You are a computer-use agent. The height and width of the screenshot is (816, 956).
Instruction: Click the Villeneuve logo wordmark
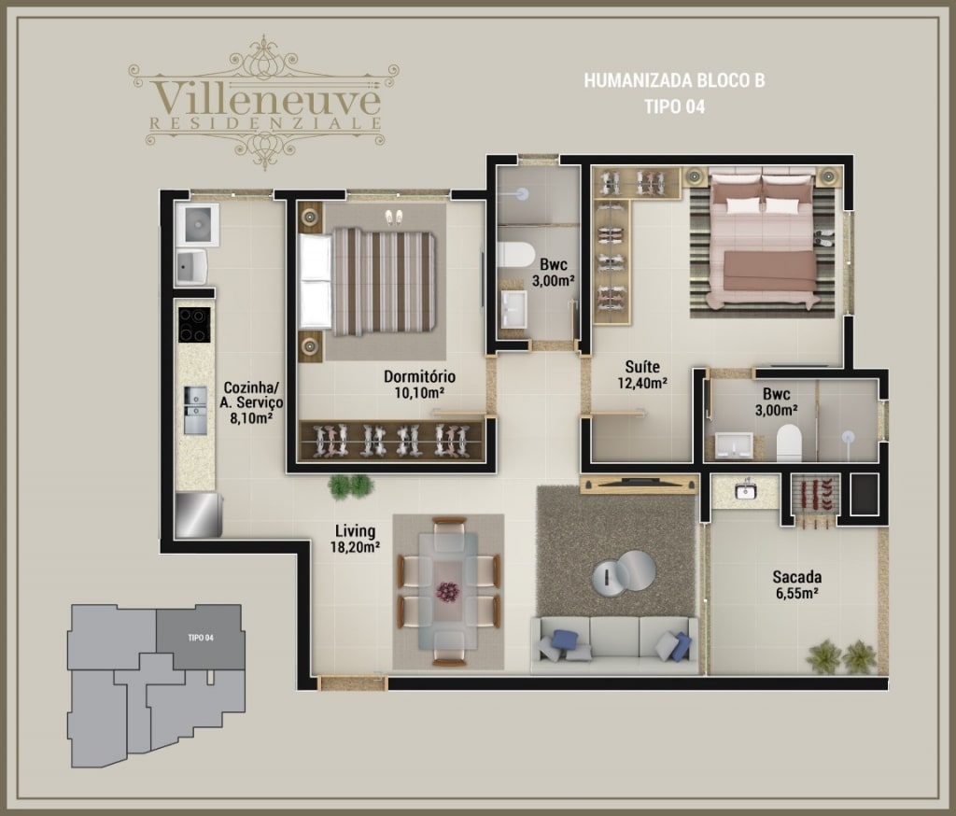pyautogui.click(x=266, y=99)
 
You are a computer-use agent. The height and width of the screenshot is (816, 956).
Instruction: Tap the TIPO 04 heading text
pyautogui.click(x=674, y=106)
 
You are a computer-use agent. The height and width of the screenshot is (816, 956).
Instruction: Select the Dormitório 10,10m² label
pyautogui.click(x=419, y=385)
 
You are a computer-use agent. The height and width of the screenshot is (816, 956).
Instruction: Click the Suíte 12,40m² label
pyautogui.click(x=642, y=374)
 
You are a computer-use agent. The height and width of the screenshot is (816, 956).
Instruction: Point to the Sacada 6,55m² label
pyautogui.click(x=797, y=584)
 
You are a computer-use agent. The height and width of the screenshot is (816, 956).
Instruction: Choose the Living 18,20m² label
pyautogui.click(x=356, y=539)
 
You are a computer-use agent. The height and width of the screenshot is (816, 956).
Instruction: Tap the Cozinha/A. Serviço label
pyautogui.click(x=251, y=402)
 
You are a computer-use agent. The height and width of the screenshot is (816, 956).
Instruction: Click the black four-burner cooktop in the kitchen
pyautogui.click(x=194, y=325)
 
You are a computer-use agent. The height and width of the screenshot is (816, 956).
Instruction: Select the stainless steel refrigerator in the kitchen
pyautogui.click(x=198, y=515)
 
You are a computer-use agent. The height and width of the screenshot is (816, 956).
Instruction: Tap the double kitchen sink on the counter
pyautogui.click(x=195, y=411)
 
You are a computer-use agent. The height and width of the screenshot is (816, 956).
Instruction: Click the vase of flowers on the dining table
pyautogui.click(x=448, y=592)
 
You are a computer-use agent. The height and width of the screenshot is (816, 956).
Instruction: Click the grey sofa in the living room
pyautogui.click(x=614, y=645)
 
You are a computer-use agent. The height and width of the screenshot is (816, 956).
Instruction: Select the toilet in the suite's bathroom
pyautogui.click(x=788, y=443)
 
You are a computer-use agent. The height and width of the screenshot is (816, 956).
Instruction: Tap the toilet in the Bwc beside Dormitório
pyautogui.click(x=514, y=254)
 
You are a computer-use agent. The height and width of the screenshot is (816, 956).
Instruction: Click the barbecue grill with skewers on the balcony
pyautogui.click(x=816, y=499)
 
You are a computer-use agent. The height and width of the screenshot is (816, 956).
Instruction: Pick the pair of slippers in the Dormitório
pyautogui.click(x=394, y=218)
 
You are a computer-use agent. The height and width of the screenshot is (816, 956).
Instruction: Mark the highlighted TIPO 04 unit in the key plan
pyautogui.click(x=201, y=638)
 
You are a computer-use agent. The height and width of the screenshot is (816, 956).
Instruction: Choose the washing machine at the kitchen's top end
pyautogui.click(x=197, y=224)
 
